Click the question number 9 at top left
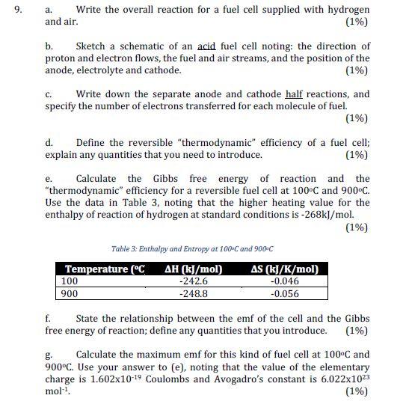tap(10, 10)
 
